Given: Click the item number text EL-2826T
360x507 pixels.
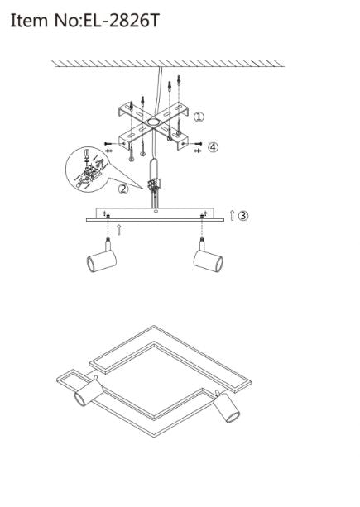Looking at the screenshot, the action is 122,21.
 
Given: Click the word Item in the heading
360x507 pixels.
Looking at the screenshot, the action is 29,21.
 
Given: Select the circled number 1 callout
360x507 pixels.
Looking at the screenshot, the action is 199,117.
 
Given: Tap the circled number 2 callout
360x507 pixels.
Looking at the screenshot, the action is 123,189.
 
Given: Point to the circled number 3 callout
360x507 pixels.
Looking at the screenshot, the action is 243,215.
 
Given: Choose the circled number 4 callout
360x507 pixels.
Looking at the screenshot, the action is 213,147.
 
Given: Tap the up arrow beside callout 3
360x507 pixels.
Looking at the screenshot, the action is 232,215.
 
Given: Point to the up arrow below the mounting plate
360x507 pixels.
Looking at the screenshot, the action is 119,230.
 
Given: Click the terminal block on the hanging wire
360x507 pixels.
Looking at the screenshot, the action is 153,185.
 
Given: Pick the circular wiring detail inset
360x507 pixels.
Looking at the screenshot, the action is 87,170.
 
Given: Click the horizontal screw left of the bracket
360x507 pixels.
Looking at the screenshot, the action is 111,143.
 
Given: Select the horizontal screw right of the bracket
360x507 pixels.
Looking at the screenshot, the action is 195,143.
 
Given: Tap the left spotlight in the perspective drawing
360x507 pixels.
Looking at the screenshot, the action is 89,392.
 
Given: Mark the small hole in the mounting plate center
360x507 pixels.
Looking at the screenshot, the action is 156,211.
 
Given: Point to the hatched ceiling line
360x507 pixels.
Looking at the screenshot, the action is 168,64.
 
